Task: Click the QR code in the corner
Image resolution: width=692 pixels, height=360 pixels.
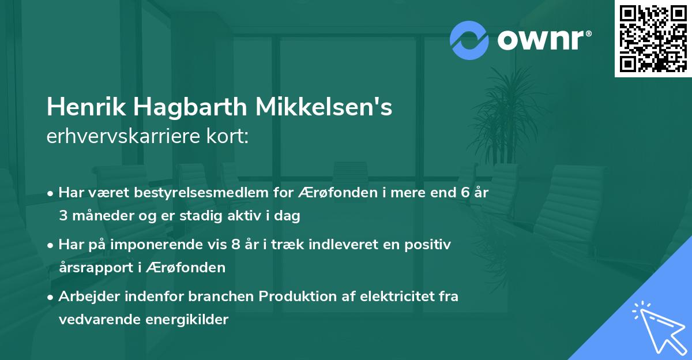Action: [652, 38]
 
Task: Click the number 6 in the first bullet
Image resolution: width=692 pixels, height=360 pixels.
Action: [465, 193]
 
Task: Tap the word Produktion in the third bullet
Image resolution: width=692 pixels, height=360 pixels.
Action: [294, 297]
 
